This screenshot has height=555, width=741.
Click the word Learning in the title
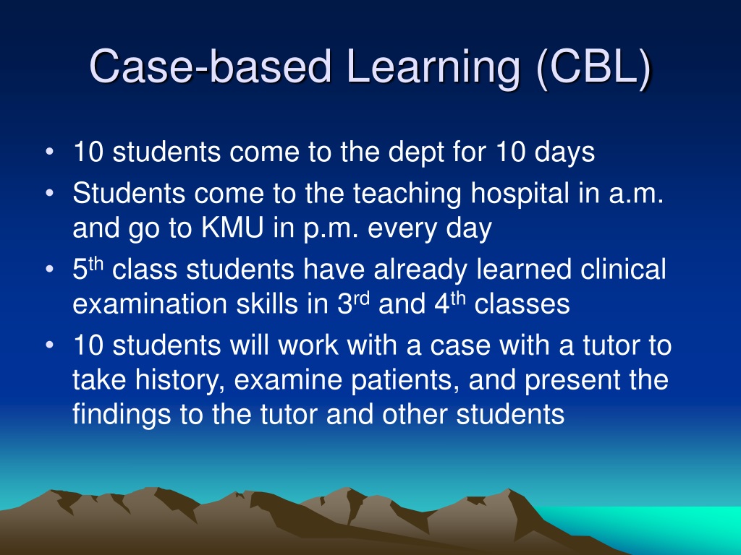[433, 67]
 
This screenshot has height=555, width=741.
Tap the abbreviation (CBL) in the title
[593, 67]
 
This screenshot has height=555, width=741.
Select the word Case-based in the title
[211, 66]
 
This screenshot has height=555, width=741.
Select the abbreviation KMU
[232, 228]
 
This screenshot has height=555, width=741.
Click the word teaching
[407, 194]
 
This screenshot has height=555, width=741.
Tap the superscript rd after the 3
[362, 298]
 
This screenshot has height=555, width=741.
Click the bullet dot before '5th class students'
[50, 270]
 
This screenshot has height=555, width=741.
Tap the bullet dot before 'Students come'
[50, 194]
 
